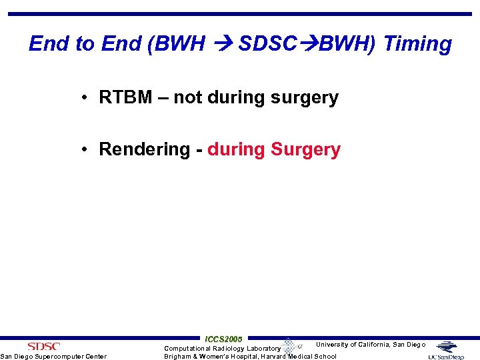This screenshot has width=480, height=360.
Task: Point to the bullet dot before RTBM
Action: point(87,97)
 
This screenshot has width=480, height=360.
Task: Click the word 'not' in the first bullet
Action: point(188,97)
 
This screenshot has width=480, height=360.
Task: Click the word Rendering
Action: point(145,149)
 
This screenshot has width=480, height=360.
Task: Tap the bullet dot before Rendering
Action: point(87,149)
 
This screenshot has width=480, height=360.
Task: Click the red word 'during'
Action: point(236,149)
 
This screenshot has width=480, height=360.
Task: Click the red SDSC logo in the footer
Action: point(44,347)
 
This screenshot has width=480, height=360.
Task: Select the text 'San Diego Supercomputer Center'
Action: point(53,357)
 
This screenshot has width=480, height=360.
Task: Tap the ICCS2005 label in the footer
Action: point(224,339)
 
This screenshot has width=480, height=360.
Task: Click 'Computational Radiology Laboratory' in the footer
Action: point(222,349)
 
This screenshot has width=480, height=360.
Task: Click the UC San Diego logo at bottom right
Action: point(449,351)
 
